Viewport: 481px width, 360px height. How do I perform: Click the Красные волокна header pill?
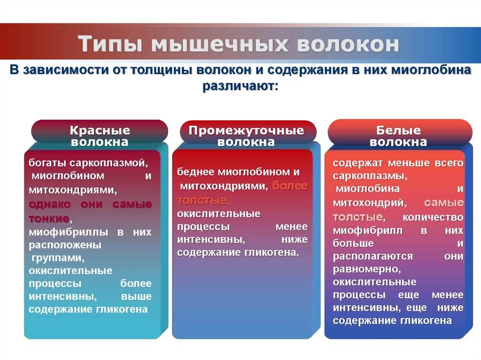click(100, 136)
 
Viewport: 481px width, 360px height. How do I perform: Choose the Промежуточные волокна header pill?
click(246, 136)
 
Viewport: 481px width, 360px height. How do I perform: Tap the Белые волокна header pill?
click(398, 136)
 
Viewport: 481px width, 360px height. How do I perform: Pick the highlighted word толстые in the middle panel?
click(202, 200)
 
